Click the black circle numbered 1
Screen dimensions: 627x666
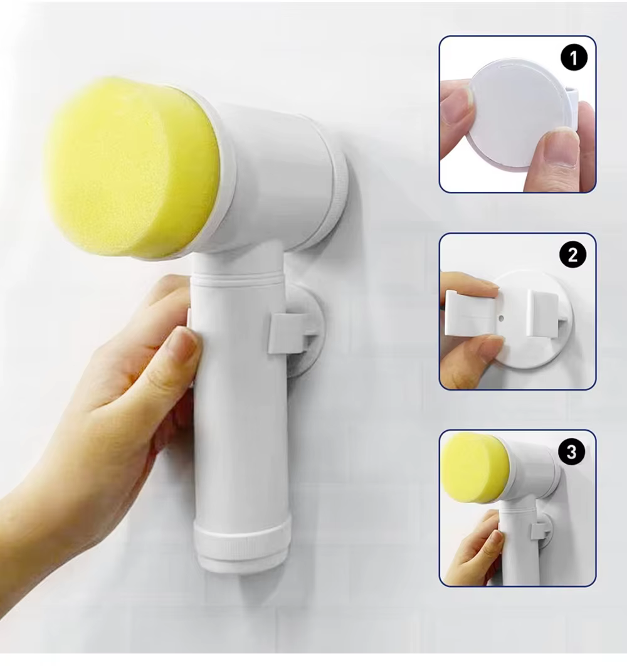pyautogui.click(x=574, y=58)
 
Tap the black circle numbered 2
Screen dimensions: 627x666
pyautogui.click(x=572, y=255)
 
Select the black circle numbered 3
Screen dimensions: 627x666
pyautogui.click(x=572, y=452)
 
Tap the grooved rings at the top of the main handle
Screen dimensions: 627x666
pyautogui.click(x=238, y=280)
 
